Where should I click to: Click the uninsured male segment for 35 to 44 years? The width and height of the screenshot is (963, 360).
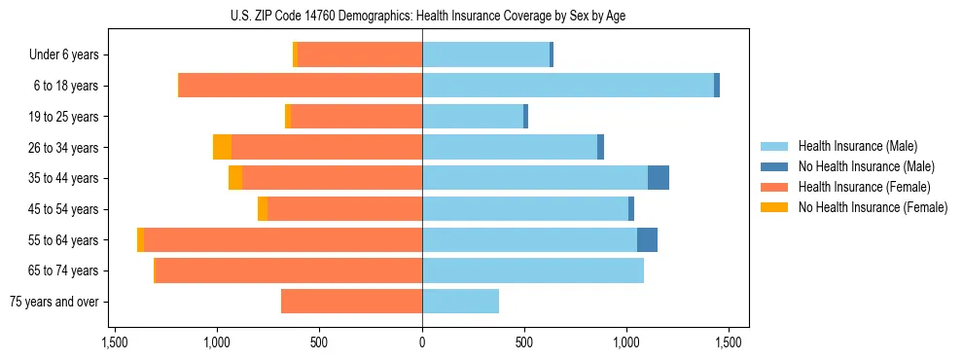point(659,178)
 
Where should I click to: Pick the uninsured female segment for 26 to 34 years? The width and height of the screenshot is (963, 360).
point(222,148)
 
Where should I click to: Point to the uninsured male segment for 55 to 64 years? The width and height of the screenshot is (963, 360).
point(647,240)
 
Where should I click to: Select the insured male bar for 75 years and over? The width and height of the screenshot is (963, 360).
point(460,302)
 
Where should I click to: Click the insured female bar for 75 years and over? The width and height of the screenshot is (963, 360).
point(351,302)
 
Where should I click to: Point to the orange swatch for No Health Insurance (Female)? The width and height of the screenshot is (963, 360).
point(774,207)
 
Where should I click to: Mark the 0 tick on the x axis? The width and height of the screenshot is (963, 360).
point(422,342)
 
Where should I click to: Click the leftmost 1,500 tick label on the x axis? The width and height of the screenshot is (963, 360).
point(115,342)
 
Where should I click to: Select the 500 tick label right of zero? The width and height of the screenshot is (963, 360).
point(524,342)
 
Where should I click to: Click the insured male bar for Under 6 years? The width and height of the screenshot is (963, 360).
point(485,55)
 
